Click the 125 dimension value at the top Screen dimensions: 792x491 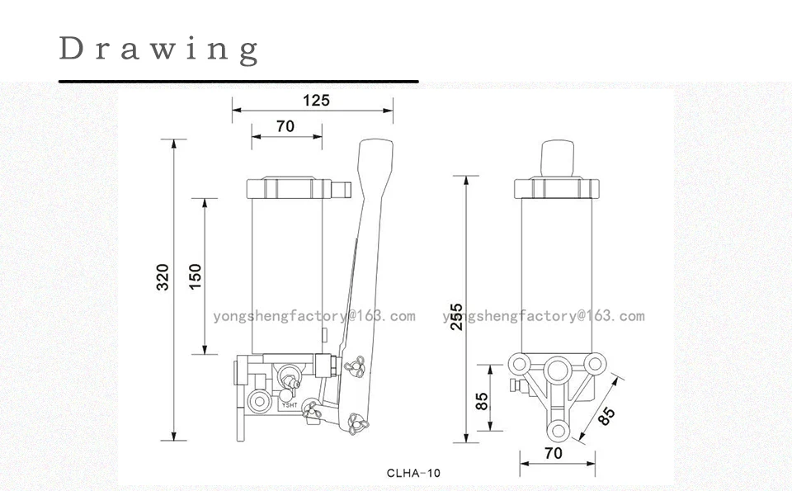point(316,100)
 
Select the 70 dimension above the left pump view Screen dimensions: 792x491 point(285,125)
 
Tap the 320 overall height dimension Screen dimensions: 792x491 point(163,276)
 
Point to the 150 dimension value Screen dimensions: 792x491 point(195,276)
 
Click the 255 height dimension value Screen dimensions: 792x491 point(456,317)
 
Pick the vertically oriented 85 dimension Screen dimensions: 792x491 point(482,401)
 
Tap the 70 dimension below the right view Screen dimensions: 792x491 point(554,453)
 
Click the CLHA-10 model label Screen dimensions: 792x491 point(413,474)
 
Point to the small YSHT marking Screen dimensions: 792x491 point(290,404)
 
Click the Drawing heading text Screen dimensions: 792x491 point(159,50)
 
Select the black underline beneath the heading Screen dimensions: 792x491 point(238,81)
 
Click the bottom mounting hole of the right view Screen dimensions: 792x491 point(559,431)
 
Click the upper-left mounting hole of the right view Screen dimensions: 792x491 point(519,363)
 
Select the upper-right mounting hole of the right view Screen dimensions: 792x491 point(595,363)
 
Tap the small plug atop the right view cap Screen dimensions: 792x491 point(558,158)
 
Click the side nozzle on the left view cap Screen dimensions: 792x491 point(342,190)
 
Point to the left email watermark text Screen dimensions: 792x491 point(313,316)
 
